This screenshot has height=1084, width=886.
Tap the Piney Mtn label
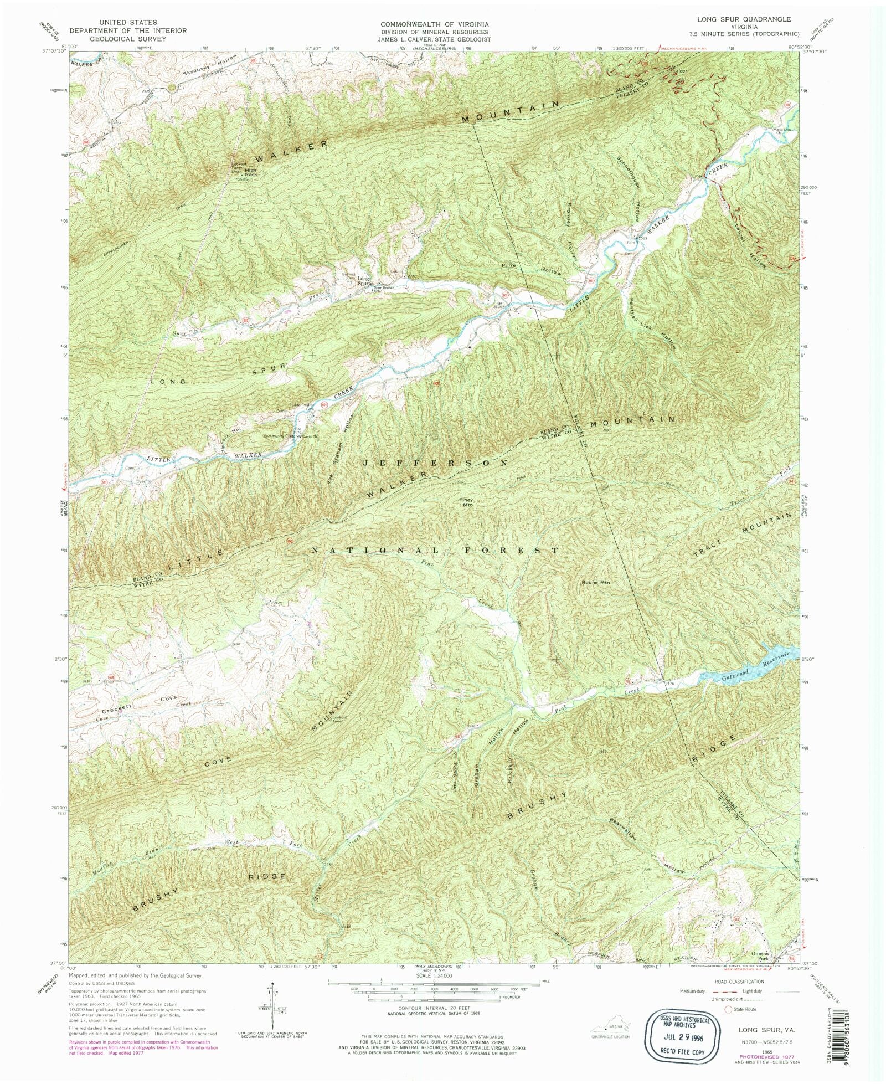(x=467, y=502)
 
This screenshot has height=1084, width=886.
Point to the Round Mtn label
(x=595, y=582)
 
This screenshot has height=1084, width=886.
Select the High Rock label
(x=251, y=172)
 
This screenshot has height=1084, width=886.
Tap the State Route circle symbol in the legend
(x=728, y=1009)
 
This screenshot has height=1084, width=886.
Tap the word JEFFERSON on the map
(x=435, y=462)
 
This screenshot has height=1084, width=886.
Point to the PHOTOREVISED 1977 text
(x=765, y=1056)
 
